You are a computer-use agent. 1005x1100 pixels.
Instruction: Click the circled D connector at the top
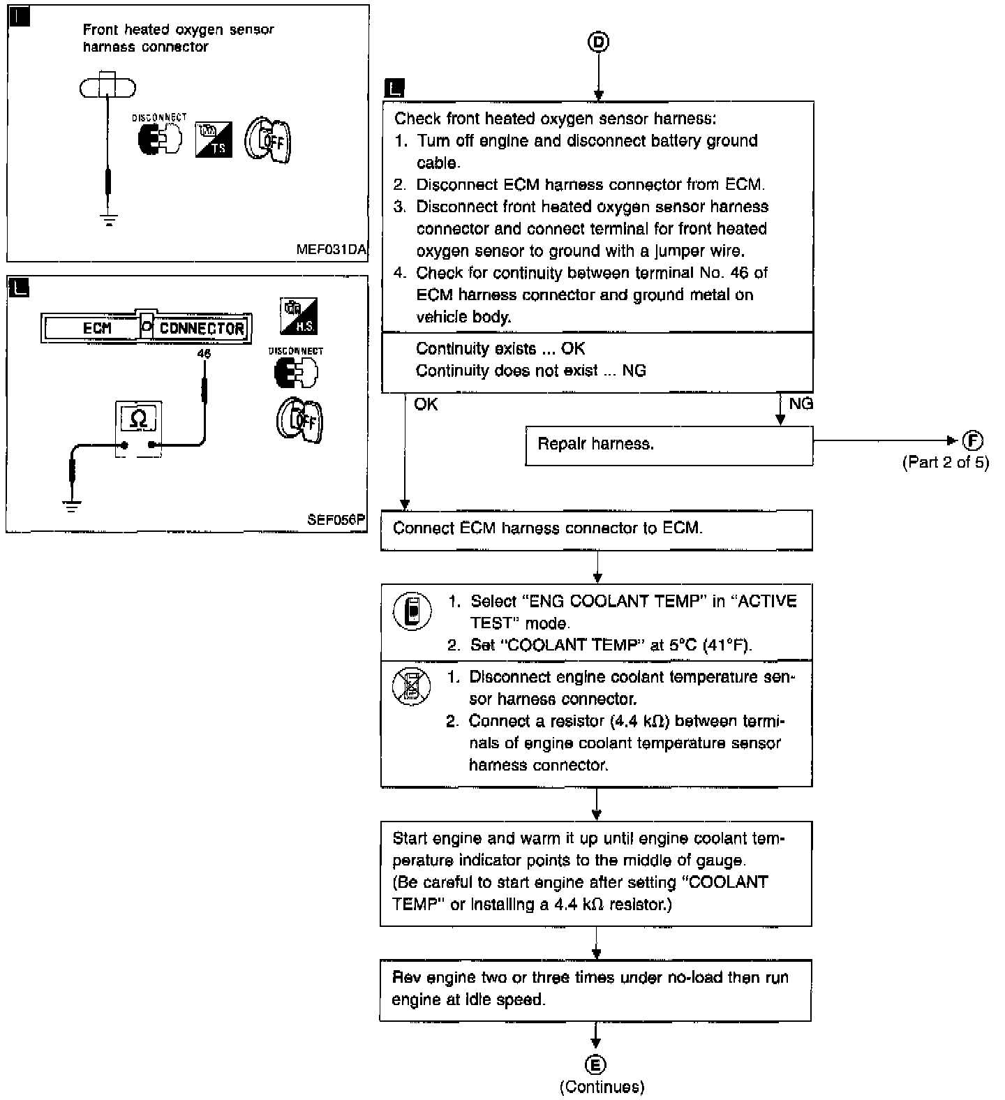coord(598,42)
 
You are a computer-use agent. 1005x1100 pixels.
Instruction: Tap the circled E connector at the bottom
coord(595,1064)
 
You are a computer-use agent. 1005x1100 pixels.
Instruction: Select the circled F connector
coord(972,440)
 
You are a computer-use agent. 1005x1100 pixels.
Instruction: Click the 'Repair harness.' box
coord(669,445)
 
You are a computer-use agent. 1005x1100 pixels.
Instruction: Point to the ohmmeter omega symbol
coord(139,418)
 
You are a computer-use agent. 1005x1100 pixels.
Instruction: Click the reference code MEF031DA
coord(331,249)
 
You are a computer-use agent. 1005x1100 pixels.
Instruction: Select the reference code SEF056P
coord(336,520)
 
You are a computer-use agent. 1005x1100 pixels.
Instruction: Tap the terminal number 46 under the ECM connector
coord(204,354)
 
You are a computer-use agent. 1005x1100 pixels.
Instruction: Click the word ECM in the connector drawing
coord(97,328)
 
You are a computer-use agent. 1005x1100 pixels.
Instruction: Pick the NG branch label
coord(801,403)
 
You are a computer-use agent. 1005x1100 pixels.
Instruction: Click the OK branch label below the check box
coord(426,404)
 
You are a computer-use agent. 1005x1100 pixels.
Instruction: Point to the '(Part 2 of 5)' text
coord(946,462)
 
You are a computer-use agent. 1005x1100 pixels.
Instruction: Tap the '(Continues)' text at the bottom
coord(602,1087)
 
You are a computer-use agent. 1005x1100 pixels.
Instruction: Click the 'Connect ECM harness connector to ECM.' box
coord(597,530)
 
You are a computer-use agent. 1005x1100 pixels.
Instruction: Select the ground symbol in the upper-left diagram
coord(109,220)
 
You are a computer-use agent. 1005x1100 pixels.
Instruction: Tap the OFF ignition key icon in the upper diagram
coord(267,140)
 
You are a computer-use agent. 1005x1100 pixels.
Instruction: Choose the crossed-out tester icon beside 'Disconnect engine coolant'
coord(411,685)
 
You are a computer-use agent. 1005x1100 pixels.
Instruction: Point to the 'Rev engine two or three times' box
coord(595,990)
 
